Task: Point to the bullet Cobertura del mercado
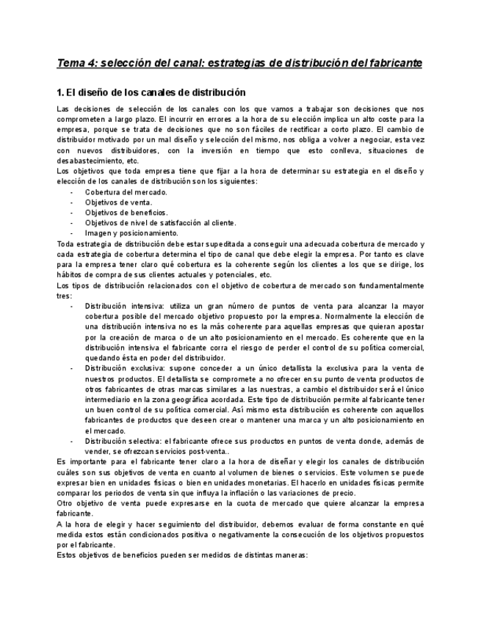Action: pyautogui.click(x=126, y=192)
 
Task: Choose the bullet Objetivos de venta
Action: pyautogui.click(x=118, y=202)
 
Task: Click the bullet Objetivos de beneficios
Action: pyautogui.click(x=126, y=213)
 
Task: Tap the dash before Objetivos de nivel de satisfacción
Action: pyautogui.click(x=71, y=223)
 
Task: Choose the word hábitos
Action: pyautogui.click(x=70, y=274)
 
